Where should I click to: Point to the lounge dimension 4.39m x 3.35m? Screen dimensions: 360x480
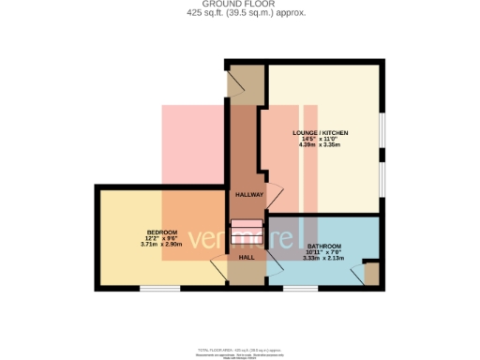pyautogui.click(x=318, y=145)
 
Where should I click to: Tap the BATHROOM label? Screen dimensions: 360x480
pyautogui.click(x=323, y=247)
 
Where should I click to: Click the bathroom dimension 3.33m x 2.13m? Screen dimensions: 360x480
pyautogui.click(x=323, y=258)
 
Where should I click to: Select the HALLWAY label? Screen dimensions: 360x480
pyautogui.click(x=248, y=195)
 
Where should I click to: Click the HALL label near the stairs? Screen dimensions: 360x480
pyautogui.click(x=247, y=256)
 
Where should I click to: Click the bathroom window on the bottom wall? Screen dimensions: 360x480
pyautogui.click(x=300, y=288)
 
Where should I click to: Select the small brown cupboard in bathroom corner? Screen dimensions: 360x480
pyautogui.click(x=371, y=274)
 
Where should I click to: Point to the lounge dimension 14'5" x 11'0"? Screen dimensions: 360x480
pyautogui.click(x=318, y=140)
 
